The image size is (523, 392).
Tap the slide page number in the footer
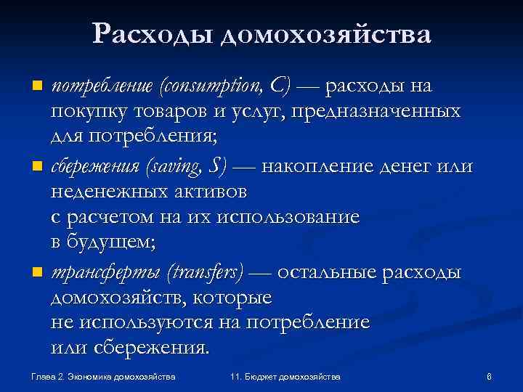pos(490,377)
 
